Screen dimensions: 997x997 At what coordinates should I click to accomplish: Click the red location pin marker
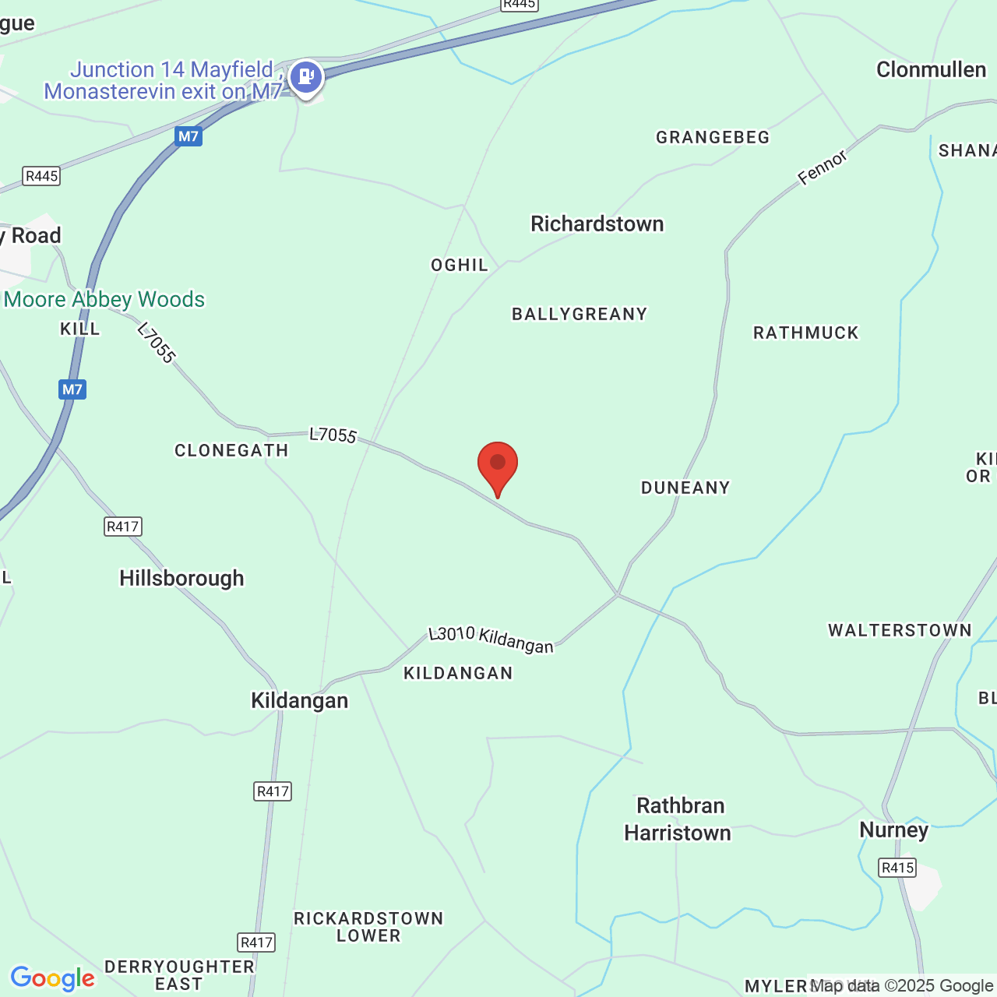[x=497, y=464]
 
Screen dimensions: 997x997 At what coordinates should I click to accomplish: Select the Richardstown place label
[x=597, y=224]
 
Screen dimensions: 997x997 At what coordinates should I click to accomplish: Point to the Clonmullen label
[x=931, y=70]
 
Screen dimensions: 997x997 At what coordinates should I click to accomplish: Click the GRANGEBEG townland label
[x=713, y=138]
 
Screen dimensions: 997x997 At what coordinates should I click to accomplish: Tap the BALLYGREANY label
[x=580, y=315]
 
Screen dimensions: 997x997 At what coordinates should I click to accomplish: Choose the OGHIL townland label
[x=460, y=266]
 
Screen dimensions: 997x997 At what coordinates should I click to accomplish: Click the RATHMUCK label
[x=805, y=333]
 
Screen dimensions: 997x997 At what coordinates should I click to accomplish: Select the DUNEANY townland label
[x=685, y=488]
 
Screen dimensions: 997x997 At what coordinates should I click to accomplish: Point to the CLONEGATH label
[x=231, y=451]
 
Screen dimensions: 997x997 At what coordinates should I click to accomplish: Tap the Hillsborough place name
[x=181, y=579]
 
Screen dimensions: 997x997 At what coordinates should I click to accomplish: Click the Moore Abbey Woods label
[x=104, y=300]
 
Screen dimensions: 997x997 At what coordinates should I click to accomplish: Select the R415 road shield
[x=897, y=868]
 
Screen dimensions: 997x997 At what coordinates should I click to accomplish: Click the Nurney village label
[x=893, y=830]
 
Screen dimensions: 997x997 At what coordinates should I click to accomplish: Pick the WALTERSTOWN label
[x=900, y=631]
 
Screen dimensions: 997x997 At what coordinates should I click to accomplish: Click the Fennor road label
[x=822, y=168]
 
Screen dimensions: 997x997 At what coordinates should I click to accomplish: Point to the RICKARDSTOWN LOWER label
[x=368, y=927]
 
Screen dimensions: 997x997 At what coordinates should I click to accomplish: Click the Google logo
[x=52, y=978]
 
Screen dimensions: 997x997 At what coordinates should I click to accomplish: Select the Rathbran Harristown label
[x=678, y=819]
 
